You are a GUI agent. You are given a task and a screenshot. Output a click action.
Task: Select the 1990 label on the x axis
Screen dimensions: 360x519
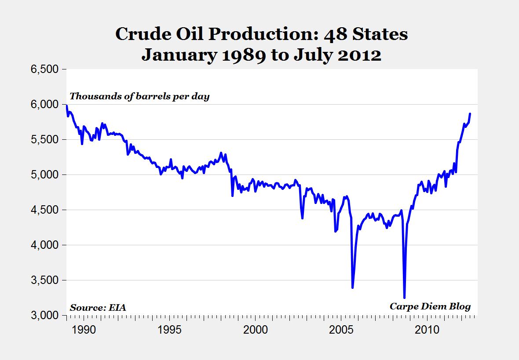(84, 329)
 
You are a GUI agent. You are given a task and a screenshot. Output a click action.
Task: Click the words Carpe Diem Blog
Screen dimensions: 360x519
(430, 306)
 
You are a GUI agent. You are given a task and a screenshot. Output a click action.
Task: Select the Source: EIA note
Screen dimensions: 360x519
(98, 307)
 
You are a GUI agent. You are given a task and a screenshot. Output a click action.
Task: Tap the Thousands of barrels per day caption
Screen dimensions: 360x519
(139, 96)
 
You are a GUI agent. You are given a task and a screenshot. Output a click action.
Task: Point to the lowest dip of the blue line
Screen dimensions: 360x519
(404, 298)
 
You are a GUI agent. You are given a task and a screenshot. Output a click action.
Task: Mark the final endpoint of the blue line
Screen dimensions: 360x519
(470, 113)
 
